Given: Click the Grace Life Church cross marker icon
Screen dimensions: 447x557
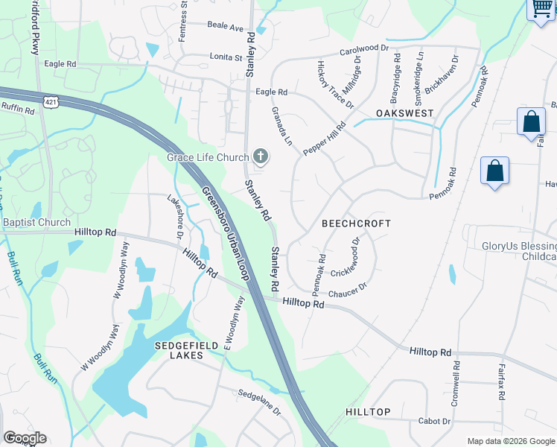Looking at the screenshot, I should click(x=261, y=156).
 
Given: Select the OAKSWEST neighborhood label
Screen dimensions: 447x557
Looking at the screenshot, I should click(x=404, y=112).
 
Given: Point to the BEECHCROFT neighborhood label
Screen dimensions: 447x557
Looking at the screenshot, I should click(x=356, y=223).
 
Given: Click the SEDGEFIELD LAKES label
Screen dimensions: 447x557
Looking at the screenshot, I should click(x=179, y=350).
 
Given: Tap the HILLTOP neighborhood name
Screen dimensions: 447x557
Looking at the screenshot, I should click(x=368, y=412).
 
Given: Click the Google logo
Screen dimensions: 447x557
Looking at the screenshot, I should click(x=25, y=438).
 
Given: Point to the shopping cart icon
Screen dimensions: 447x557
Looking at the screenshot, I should click(x=542, y=8).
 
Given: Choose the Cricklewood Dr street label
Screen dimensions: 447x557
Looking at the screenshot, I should click(x=353, y=256).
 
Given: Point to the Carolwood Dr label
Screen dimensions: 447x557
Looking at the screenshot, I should click(x=365, y=50).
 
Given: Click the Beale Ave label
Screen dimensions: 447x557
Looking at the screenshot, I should click(x=226, y=28).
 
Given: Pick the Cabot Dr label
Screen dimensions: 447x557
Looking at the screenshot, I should click(x=434, y=421).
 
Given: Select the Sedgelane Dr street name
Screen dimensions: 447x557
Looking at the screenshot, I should click(x=259, y=402).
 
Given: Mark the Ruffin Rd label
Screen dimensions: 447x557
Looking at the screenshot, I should click(x=18, y=110).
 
